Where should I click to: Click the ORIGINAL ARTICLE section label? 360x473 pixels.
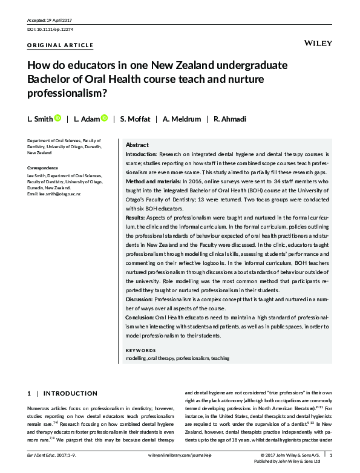(x=61, y=45)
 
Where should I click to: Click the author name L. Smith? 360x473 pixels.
(x=40, y=119)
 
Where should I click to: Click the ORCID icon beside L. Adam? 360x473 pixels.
(x=104, y=118)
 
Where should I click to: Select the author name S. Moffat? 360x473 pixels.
(x=139, y=119)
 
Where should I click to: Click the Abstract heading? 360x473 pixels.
(x=137, y=145)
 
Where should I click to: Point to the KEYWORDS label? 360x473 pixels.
(x=140, y=350)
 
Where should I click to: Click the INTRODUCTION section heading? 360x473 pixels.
(x=71, y=393)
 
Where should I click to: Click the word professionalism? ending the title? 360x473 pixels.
(x=67, y=94)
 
